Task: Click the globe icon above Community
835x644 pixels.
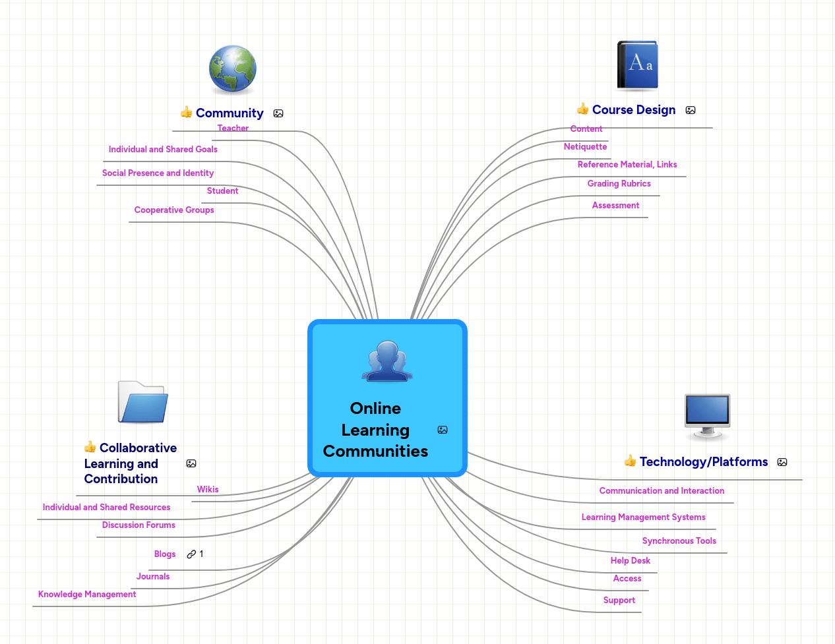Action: tap(232, 69)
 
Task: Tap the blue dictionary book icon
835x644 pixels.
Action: tap(637, 65)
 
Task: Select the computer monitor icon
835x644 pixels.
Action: tap(707, 416)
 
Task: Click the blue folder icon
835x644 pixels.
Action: tap(143, 402)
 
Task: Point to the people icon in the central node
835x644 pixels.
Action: tap(387, 361)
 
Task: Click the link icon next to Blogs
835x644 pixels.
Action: tap(191, 554)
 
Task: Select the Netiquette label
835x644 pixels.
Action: tap(585, 147)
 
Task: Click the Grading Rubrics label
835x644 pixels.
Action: tap(619, 184)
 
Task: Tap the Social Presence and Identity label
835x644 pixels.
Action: tap(158, 173)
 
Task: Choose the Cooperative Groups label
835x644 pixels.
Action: tap(174, 210)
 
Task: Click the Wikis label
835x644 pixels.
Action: tap(208, 490)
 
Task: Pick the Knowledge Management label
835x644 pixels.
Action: tap(87, 595)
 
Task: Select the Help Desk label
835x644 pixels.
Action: tap(630, 561)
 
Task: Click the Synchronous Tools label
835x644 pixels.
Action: tap(679, 541)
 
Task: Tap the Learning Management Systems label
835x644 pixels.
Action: tap(643, 517)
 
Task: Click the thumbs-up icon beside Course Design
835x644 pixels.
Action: tap(582, 109)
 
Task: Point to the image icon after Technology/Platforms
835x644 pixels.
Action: tap(782, 462)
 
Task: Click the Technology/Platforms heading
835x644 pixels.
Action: tap(703, 462)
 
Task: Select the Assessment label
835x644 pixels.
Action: tap(615, 206)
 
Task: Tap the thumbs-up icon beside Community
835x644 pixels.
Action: tap(186, 112)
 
